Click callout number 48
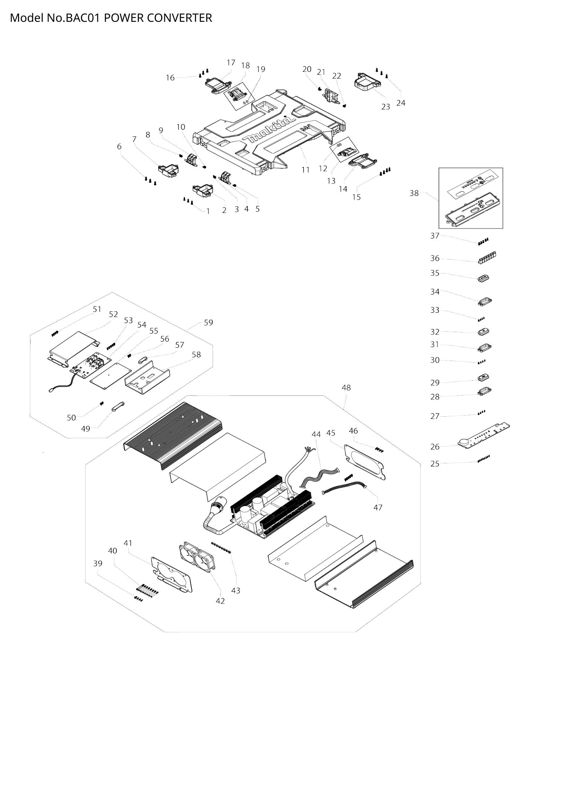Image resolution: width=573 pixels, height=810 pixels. (x=346, y=388)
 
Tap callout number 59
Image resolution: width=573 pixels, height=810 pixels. (x=209, y=322)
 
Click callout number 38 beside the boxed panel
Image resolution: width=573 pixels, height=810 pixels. (x=414, y=193)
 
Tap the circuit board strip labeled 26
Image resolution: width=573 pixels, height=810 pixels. (x=483, y=436)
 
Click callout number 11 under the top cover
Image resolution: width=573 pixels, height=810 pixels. (x=305, y=170)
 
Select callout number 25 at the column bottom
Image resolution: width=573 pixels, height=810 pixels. (x=435, y=464)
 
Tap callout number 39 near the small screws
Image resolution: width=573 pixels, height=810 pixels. (x=98, y=563)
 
